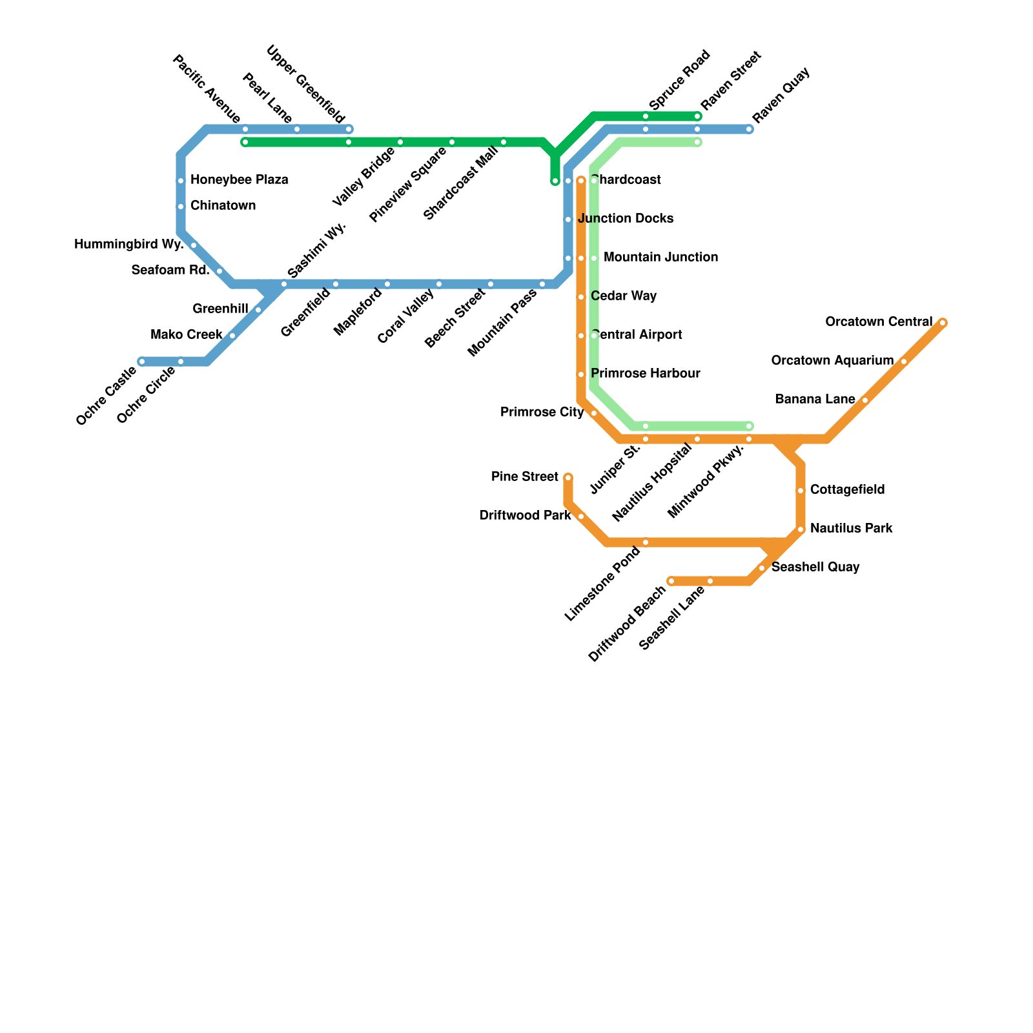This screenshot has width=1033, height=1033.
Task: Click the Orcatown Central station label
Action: [879, 322]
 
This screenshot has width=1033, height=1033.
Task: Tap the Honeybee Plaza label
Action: [239, 179]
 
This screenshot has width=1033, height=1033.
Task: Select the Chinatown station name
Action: [223, 205]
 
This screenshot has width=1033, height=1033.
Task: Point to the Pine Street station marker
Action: [568, 478]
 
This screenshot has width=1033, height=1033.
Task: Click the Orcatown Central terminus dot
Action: [943, 323]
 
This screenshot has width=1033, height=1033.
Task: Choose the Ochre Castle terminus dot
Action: [142, 362]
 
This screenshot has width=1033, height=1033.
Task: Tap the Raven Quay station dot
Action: [749, 129]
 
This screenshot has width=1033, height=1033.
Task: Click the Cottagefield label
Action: [847, 489]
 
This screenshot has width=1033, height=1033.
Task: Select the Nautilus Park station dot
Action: [801, 529]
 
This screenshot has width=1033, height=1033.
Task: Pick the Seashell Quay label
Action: [815, 567]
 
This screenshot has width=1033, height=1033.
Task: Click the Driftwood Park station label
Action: [525, 515]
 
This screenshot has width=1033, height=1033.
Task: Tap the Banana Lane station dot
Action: [865, 400]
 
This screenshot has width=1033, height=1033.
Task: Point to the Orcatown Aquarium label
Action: [832, 360]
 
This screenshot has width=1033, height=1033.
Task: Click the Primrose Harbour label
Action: [645, 373]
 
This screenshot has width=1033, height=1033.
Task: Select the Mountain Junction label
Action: [660, 257]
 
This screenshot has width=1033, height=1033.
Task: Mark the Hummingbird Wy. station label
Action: [129, 244]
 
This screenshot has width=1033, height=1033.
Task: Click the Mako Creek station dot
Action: [232, 336]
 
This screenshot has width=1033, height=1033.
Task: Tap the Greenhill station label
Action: [220, 309]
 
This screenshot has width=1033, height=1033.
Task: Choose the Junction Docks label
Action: [626, 218]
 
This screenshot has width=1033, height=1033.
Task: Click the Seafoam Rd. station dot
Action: [220, 271]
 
